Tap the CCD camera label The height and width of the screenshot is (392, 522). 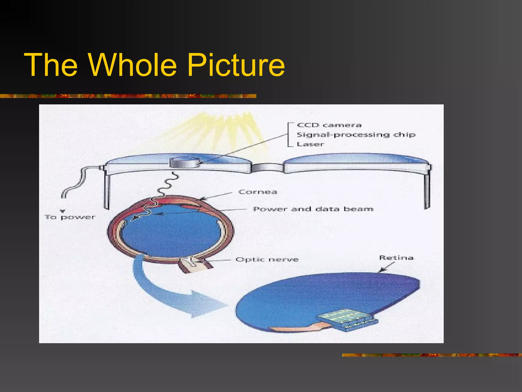pos(329,125)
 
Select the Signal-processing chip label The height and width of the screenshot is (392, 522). pos(356,134)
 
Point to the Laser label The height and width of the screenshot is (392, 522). pos(310,144)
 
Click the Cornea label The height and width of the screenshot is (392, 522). pos(258,192)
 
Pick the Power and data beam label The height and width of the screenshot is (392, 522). pos(313,209)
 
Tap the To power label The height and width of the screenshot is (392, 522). pos(70,217)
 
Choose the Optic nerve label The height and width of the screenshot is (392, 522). pos(267,260)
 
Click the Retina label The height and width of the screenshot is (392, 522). pos(396,258)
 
